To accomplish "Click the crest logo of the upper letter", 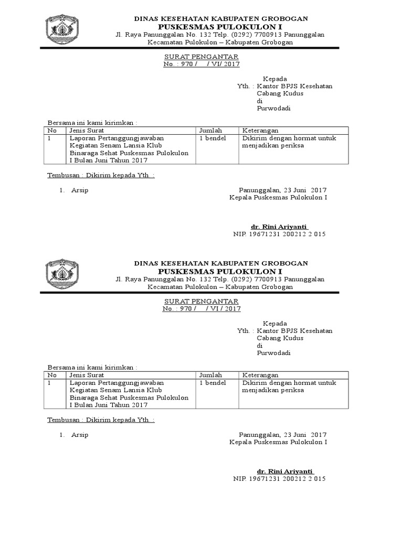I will point(62,29).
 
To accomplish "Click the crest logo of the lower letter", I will point(62,274).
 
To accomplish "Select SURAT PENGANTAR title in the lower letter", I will point(201,301).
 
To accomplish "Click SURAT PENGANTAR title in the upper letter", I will point(201,57).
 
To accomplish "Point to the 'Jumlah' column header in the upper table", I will point(210,131).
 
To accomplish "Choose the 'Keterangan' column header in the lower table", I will point(260,375).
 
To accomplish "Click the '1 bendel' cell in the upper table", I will point(213,138).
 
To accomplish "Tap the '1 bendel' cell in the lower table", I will point(213,383).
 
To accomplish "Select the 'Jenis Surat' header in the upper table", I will point(87,131).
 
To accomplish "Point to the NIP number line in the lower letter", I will point(279,478).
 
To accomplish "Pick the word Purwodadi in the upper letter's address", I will point(273,109).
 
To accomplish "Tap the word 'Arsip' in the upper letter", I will point(80,190).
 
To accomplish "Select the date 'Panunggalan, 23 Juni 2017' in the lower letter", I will point(282,435).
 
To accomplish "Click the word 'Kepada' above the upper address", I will point(275,79).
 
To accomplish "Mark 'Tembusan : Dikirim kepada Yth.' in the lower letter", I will point(101,420).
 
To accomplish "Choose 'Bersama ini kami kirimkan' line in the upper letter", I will point(92,122).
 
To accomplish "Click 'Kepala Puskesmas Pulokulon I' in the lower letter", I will point(278,442).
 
